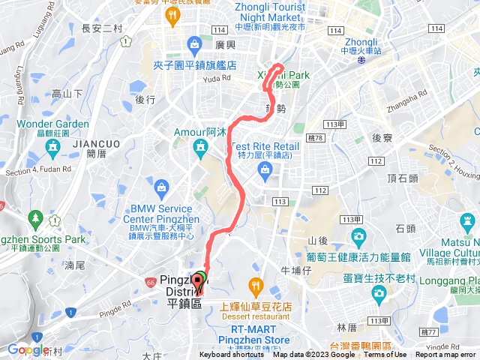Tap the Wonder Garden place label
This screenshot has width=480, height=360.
pos(52,124)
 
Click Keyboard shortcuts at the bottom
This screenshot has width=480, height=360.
pos(232,355)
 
